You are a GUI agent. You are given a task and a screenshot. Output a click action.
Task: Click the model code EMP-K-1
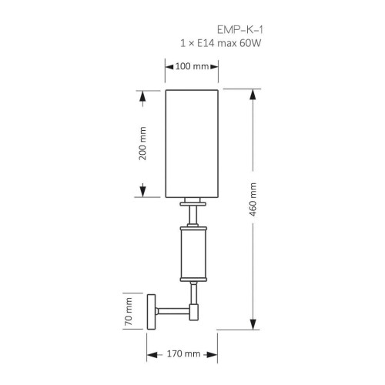(240, 30)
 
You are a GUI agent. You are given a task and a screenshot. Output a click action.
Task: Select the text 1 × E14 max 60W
(221, 43)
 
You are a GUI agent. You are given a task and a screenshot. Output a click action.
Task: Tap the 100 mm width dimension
(192, 66)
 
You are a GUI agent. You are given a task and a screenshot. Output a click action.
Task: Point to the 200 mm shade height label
(142, 143)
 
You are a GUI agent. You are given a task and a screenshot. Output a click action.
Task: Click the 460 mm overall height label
(253, 199)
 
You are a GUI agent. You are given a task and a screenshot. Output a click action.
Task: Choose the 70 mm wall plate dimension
(128, 311)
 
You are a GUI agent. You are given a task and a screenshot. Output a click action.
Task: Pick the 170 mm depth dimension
(183, 353)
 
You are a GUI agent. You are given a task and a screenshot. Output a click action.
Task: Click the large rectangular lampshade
(192, 144)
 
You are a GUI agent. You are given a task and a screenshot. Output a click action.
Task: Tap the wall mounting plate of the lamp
(152, 312)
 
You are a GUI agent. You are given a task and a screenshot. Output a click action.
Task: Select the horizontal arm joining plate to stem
(173, 311)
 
